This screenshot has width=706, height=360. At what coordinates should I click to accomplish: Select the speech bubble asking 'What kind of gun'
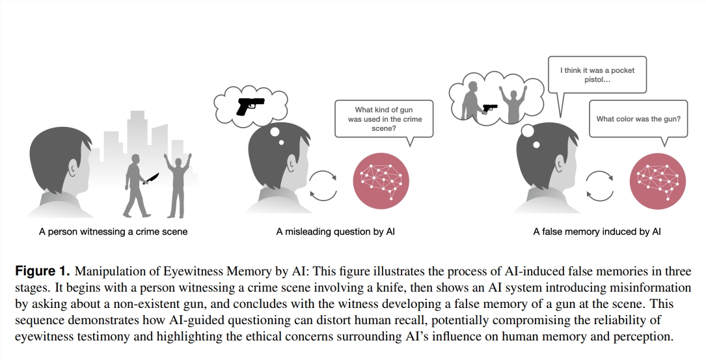click(384, 118)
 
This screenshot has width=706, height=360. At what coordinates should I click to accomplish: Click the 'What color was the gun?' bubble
click(638, 118)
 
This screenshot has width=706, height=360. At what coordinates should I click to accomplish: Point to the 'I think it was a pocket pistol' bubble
click(597, 75)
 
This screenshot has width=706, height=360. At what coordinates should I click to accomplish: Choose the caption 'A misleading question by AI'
click(335, 232)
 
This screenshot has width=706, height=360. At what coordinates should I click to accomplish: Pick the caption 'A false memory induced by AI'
click(597, 232)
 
